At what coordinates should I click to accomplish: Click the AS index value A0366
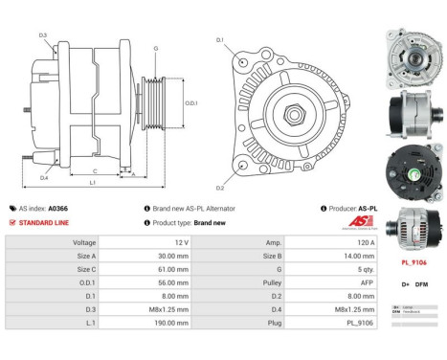tap(58, 208)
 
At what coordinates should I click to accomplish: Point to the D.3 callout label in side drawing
tap(44, 35)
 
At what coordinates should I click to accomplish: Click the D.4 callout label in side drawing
tap(44, 178)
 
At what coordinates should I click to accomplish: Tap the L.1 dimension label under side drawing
tap(93, 183)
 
